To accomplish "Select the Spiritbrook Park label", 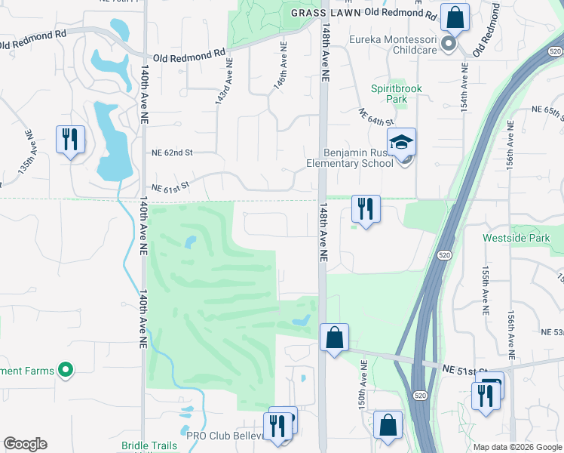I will click(397, 94).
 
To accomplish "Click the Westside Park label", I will click(523, 238).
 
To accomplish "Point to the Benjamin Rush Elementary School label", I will click(349, 158).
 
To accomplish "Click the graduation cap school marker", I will click(402, 141).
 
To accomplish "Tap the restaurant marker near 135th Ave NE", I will click(70, 139).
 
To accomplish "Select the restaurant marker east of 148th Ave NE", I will click(366, 208).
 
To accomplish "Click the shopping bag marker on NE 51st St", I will click(334, 337).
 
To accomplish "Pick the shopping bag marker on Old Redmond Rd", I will click(455, 16).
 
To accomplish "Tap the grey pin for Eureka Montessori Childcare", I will click(448, 44).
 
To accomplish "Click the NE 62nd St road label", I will click(173, 153).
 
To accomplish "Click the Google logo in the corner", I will click(25, 444).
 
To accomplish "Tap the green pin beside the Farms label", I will click(66, 370).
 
